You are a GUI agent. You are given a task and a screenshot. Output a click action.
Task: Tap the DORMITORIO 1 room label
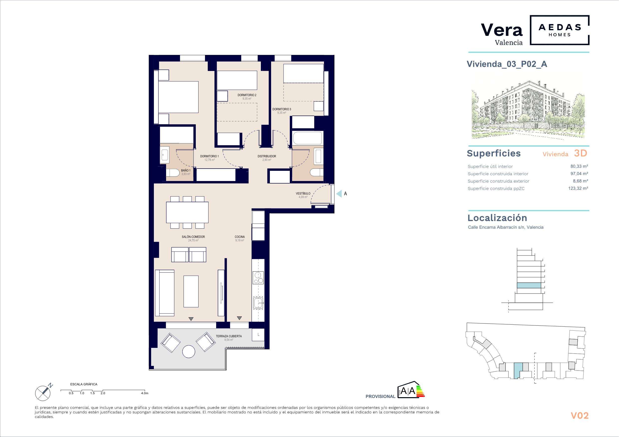click(x=209, y=156)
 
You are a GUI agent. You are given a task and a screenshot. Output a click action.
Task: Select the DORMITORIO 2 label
click(x=247, y=95)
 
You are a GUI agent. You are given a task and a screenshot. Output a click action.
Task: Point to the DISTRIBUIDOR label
click(x=267, y=156)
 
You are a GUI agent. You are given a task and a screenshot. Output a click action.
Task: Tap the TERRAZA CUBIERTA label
click(x=229, y=336)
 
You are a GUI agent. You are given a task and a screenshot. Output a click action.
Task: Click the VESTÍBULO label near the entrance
click(x=303, y=193)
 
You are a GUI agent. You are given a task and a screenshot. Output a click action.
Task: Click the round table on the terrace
click(x=189, y=352)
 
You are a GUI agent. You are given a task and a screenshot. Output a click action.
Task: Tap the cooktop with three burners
click(x=258, y=278)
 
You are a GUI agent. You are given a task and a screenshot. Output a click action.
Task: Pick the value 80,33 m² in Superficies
click(x=579, y=166)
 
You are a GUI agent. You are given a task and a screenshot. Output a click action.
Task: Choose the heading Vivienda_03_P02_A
click(x=507, y=64)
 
